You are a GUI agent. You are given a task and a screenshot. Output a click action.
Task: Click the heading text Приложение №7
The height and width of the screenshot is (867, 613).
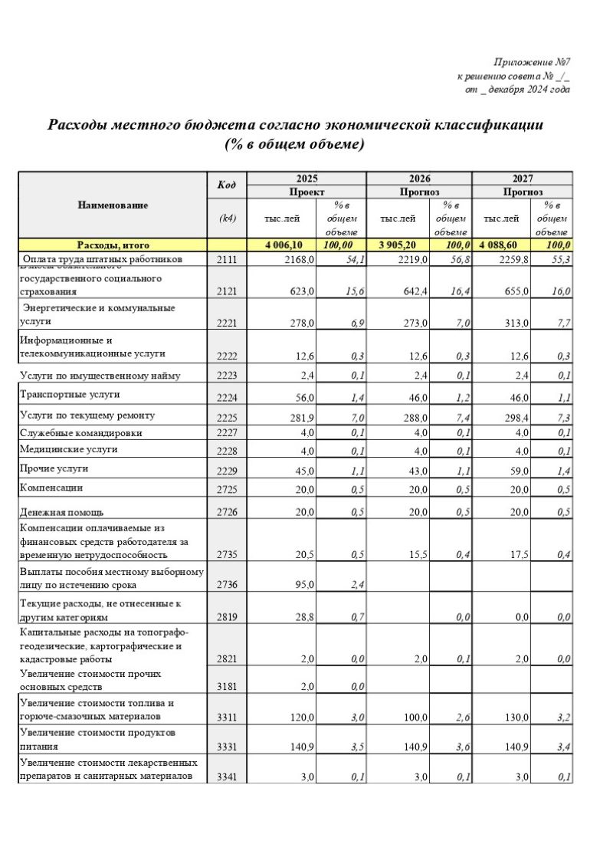(x=533, y=61)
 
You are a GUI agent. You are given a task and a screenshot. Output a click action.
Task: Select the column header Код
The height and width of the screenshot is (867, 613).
(x=227, y=186)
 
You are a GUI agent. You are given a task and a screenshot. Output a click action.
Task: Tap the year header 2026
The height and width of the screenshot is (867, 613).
(x=419, y=177)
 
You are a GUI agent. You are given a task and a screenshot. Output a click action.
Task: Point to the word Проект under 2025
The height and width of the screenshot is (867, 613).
(x=306, y=191)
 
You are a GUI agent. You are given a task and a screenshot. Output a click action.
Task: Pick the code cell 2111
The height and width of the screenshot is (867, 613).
(x=227, y=260)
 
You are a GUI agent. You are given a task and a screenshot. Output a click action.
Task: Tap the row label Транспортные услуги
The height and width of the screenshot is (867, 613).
(x=70, y=394)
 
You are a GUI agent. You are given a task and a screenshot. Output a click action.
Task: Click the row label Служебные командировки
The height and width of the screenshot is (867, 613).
(x=80, y=433)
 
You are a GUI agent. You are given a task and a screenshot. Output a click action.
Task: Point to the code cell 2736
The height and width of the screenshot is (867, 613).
(x=227, y=585)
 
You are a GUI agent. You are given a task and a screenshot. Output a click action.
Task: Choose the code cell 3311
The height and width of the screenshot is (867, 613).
(x=227, y=717)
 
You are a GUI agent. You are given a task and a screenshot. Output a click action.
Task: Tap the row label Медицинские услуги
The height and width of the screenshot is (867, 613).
(x=69, y=449)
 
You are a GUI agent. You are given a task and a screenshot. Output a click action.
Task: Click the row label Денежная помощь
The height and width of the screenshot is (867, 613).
(x=62, y=512)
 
